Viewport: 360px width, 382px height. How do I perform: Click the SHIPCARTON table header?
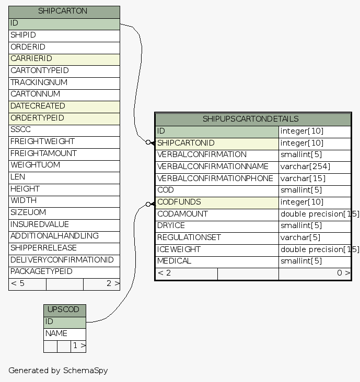pyautogui.click(x=64, y=11)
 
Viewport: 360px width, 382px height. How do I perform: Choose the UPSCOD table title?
pyautogui.click(x=64, y=309)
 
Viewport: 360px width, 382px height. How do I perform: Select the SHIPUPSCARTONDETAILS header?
pyautogui.click(x=253, y=119)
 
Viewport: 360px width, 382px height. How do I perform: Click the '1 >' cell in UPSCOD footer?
pyautogui.click(x=78, y=345)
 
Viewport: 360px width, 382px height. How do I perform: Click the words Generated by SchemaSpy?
pyautogui.click(x=58, y=371)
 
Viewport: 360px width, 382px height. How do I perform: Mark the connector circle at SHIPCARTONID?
pyautogui.click(x=148, y=142)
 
